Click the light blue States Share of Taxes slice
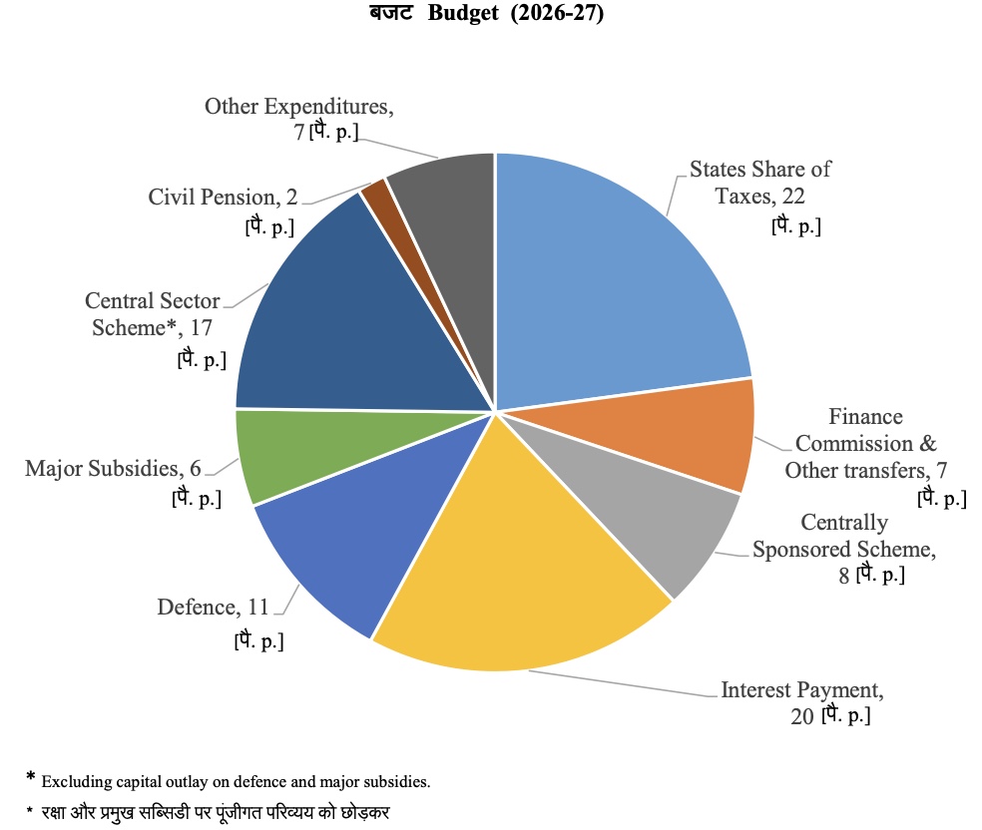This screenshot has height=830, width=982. [x=609, y=279]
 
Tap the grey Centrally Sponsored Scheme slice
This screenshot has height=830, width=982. [x=649, y=519]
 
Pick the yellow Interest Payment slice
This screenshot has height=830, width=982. [x=519, y=579]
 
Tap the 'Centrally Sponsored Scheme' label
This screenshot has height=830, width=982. [x=844, y=549]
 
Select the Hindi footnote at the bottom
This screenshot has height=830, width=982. [x=211, y=812]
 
